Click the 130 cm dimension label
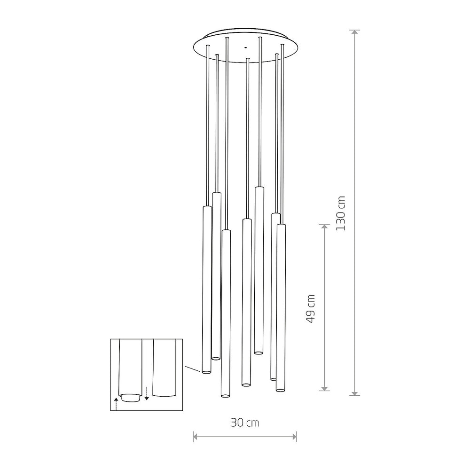[x=341, y=213]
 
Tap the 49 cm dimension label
[x=311, y=308]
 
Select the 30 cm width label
[x=244, y=423]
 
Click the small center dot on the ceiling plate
[x=245, y=47]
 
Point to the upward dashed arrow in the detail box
[x=116, y=404]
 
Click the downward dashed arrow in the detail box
[x=147, y=393]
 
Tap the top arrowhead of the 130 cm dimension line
[x=355, y=33]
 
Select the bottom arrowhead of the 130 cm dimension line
[x=355, y=392]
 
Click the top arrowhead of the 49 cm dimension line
[x=324, y=227]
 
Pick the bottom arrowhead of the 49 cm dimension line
[x=324, y=388]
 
